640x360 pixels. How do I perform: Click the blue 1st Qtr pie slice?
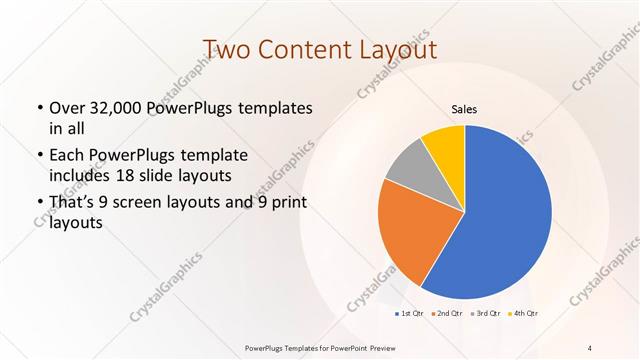click(505, 215)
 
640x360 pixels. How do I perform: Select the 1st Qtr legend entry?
click(410, 314)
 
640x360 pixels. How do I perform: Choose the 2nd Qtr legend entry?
click(448, 314)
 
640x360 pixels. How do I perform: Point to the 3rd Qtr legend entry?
click(486, 314)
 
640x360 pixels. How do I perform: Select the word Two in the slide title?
click(225, 50)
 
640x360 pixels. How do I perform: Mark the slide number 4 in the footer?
click(590, 347)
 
